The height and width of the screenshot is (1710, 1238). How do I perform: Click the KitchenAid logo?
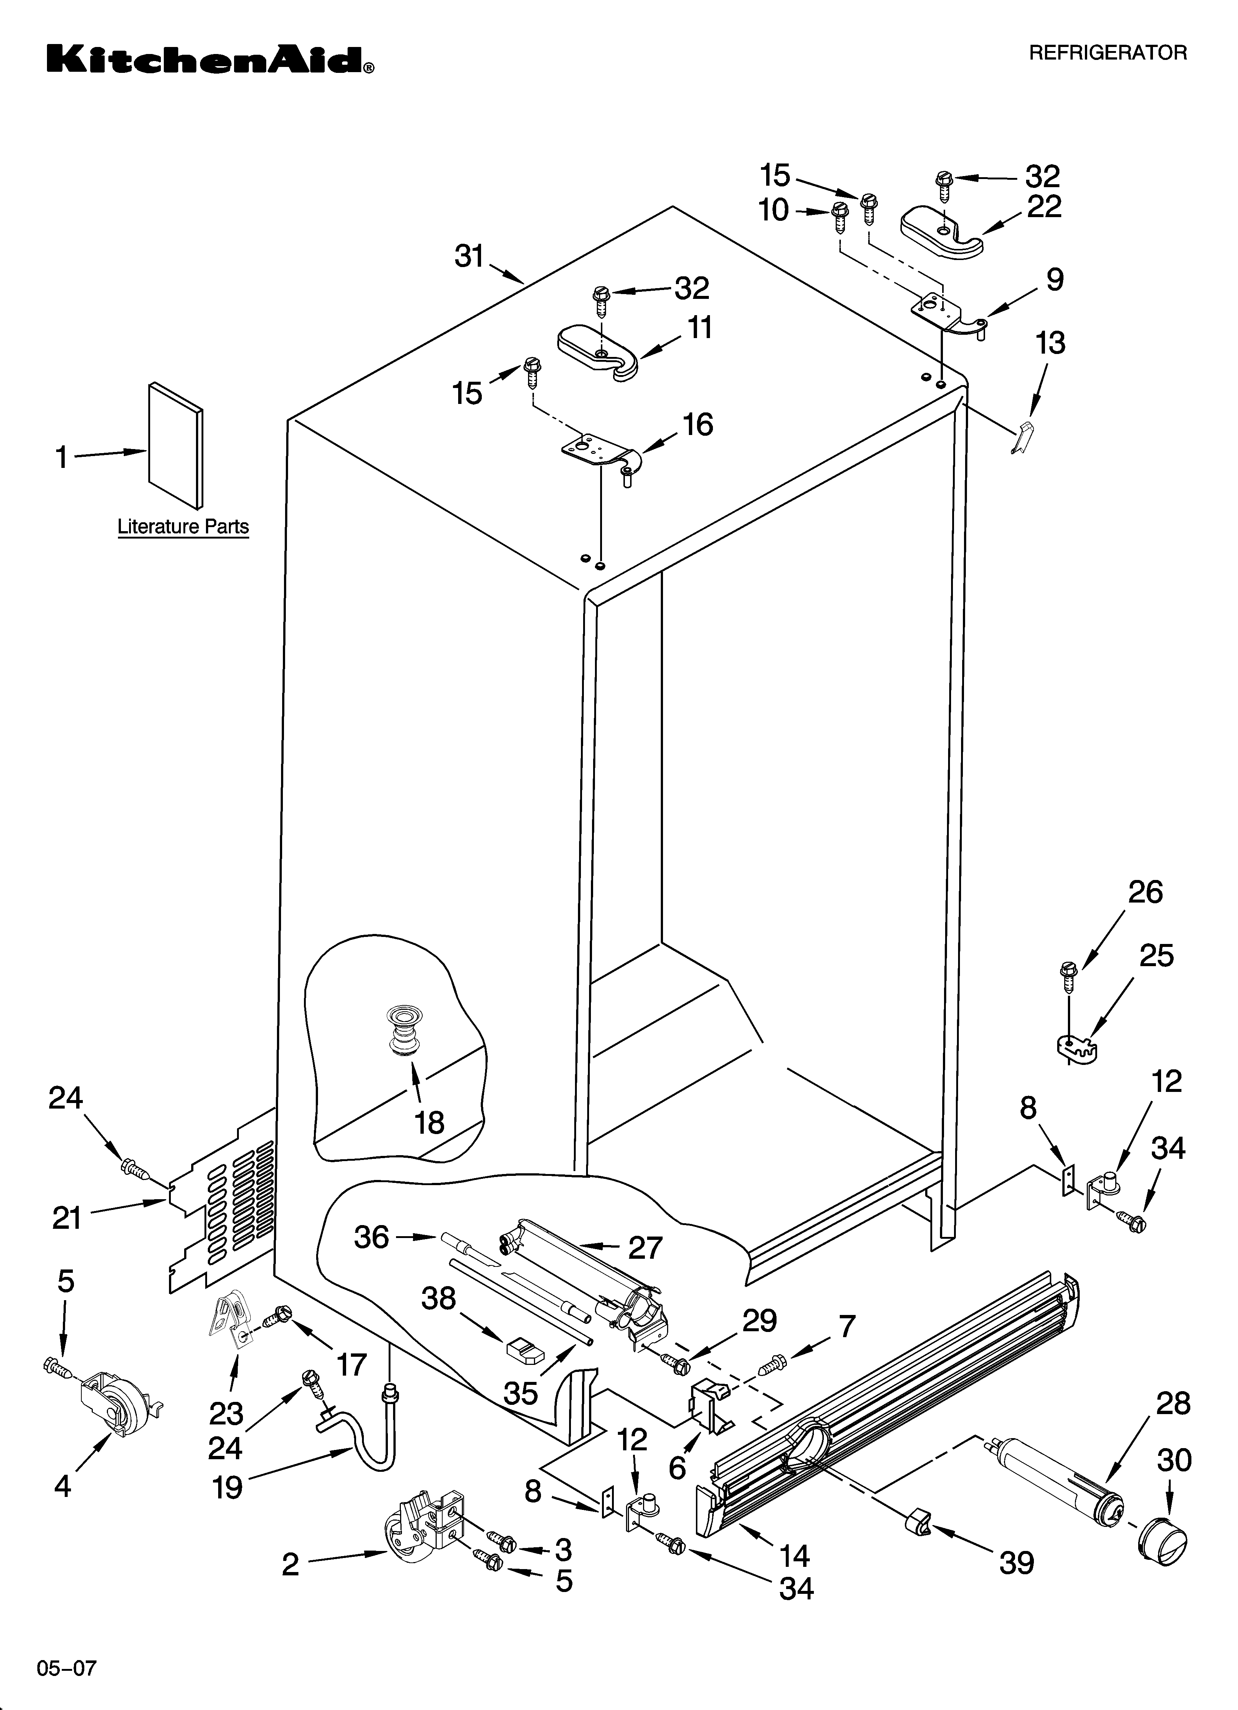pyautogui.click(x=210, y=59)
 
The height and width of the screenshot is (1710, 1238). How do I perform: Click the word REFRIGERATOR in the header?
pyautogui.click(x=1107, y=53)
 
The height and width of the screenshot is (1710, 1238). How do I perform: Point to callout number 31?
pyautogui.click(x=469, y=257)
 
